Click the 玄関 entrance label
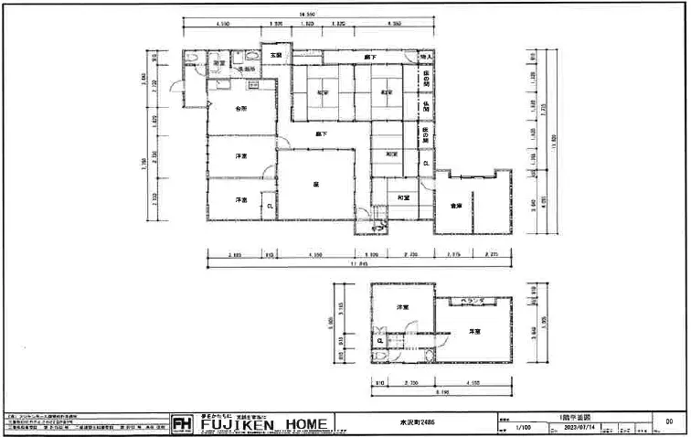pyautogui.click(x=275, y=57)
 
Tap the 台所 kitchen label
pyautogui.click(x=240, y=108)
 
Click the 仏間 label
pyautogui.click(x=426, y=106)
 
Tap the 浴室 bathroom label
pyautogui.click(x=219, y=62)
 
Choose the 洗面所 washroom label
pyautogui.click(x=247, y=69)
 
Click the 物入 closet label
pyautogui.click(x=426, y=58)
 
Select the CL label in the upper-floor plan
pyautogui.click(x=379, y=341)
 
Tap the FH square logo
pyautogui.click(x=181, y=425)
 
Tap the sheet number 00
pyautogui.click(x=669, y=421)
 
